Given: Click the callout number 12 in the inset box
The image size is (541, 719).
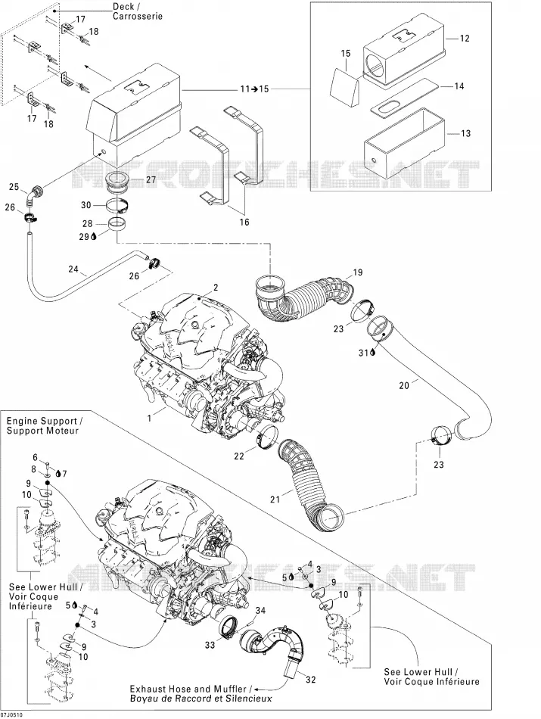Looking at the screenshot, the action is [x=465, y=39].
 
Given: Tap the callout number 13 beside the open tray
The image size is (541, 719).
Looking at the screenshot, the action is [x=465, y=133].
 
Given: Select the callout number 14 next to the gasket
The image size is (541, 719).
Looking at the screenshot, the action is [x=459, y=86].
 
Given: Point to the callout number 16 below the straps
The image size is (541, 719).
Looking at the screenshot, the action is [x=244, y=223].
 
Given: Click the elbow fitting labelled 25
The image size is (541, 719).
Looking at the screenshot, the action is [x=36, y=194].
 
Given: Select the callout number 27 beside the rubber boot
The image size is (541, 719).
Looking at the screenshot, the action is [x=150, y=180].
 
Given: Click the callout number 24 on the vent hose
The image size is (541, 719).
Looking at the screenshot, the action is [x=73, y=269].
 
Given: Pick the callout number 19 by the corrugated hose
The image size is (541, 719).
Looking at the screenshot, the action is [x=357, y=272].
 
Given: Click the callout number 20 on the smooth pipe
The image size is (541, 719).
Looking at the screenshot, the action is [x=404, y=386].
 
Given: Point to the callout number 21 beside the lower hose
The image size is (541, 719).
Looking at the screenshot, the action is [x=275, y=499].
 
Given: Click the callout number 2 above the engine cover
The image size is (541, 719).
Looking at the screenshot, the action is [x=215, y=288].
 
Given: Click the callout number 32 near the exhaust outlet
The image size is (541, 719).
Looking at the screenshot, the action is [x=311, y=680].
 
